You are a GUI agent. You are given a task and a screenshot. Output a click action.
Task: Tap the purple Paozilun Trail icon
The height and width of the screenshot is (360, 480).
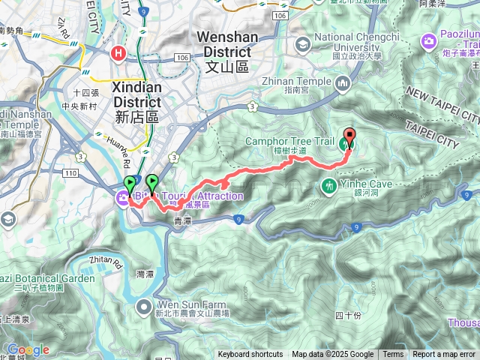(429, 40)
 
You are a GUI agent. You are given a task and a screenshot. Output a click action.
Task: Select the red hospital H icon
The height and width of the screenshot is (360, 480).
(118, 53)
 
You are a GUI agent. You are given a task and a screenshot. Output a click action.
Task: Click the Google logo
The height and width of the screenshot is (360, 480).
(28, 349)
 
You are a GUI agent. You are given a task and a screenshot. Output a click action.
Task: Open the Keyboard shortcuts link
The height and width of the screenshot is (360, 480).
(250, 355)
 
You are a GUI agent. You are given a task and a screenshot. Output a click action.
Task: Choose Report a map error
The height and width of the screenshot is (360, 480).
(445, 355)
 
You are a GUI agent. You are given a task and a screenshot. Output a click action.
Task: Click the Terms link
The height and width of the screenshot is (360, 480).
(393, 355)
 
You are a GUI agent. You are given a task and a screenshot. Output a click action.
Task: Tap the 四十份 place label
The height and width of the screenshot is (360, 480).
(348, 314)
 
